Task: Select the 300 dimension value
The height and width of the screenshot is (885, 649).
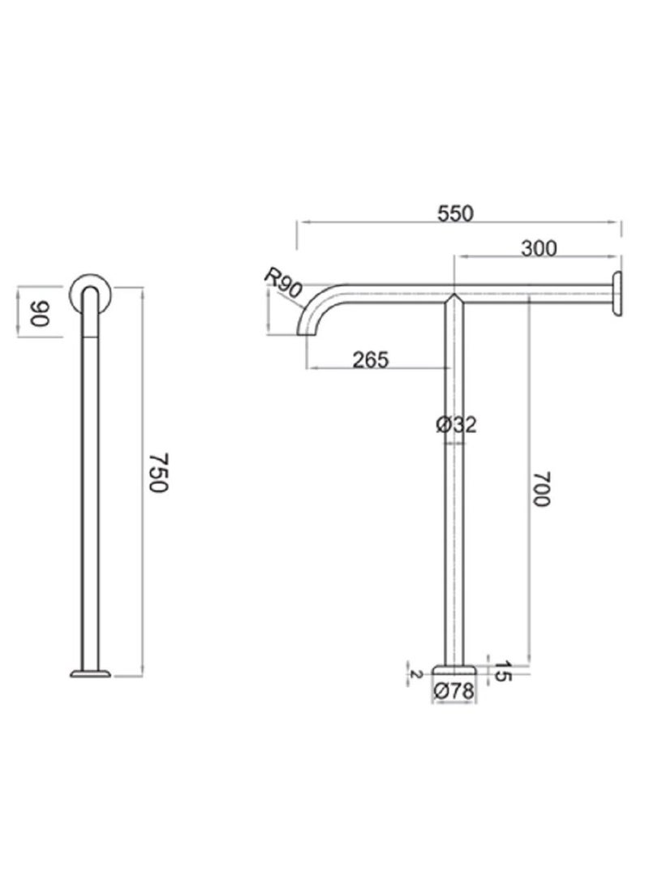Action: point(539,248)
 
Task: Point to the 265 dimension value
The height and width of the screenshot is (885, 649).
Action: point(372,358)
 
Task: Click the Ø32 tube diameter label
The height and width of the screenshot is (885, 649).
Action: point(455,423)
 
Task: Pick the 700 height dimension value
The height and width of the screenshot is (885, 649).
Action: point(541,489)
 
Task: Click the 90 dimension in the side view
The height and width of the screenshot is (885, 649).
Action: point(37,313)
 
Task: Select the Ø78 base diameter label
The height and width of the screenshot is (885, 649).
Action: point(454,691)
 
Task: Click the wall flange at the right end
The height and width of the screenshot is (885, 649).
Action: point(618,294)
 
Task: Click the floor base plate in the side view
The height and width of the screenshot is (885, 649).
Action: point(91,672)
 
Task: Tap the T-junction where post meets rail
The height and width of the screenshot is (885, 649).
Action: point(454,297)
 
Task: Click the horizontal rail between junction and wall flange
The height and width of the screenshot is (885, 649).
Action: point(535,288)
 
